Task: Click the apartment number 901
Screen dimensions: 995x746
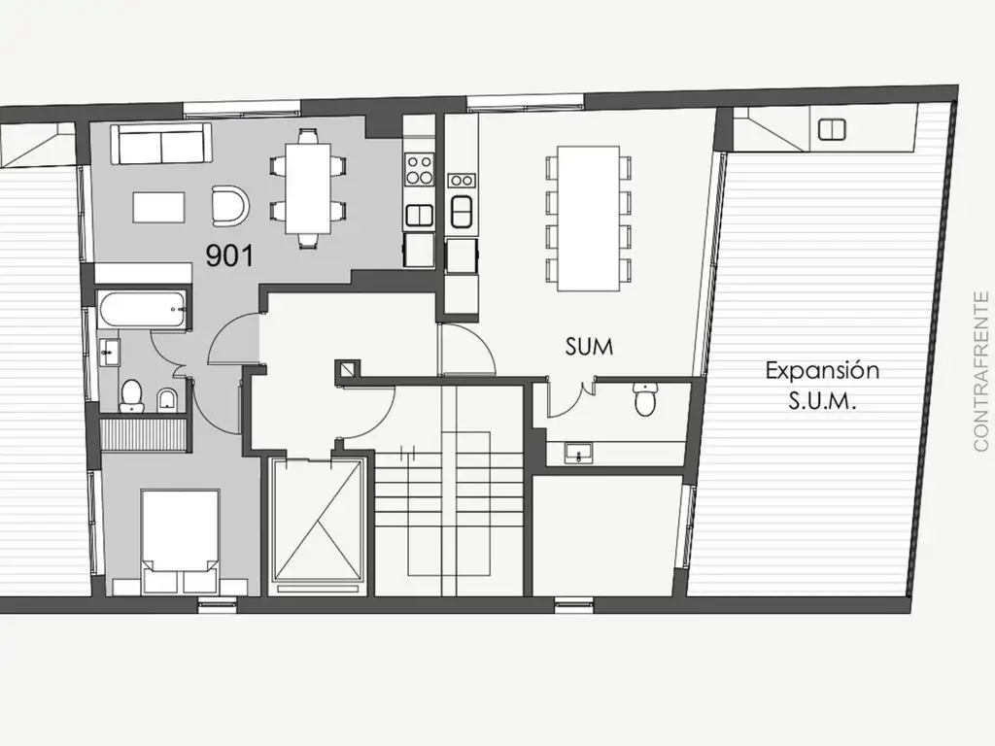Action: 229,255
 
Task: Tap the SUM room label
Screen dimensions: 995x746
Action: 589,347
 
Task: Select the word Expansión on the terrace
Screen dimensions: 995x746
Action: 822,370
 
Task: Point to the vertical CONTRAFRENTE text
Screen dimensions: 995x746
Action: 981,371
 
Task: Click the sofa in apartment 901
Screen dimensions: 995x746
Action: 161,144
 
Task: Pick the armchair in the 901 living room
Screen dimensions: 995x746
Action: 229,206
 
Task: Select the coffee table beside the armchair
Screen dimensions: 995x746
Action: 158,207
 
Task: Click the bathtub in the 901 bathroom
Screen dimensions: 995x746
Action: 144,310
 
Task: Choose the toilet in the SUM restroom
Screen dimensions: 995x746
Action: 645,399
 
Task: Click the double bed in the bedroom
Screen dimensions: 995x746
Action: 180,540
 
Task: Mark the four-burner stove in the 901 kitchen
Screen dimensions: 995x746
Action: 420,169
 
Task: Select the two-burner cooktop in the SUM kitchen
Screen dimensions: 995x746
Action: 462,181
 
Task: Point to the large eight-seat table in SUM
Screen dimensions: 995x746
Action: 588,219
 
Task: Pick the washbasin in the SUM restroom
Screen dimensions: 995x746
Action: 578,453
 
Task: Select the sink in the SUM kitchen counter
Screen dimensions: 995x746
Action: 462,211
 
